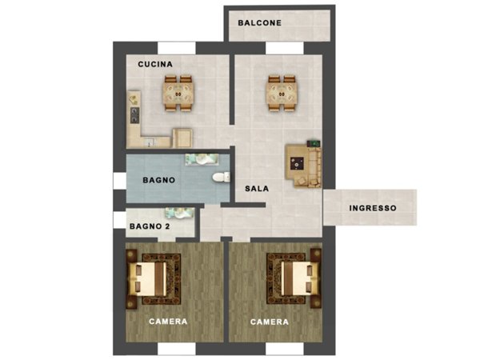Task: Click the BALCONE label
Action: [259, 23]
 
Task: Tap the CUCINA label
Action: [155, 64]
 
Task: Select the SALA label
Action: [257, 189]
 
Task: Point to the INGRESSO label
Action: [373, 208]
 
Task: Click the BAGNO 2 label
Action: [150, 226]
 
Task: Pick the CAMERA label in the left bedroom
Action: [168, 322]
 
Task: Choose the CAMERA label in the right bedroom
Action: [270, 322]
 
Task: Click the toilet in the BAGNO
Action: [221, 178]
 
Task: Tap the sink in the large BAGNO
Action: [202, 159]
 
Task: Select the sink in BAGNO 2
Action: [180, 213]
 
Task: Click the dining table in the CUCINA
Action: [178, 94]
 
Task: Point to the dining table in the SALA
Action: [282, 94]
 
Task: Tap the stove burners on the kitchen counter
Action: [134, 115]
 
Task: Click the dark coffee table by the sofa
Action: [297, 163]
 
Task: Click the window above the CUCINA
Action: [177, 48]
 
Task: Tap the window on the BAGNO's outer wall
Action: [120, 181]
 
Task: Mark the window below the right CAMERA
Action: [285, 349]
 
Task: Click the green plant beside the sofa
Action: [314, 143]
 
